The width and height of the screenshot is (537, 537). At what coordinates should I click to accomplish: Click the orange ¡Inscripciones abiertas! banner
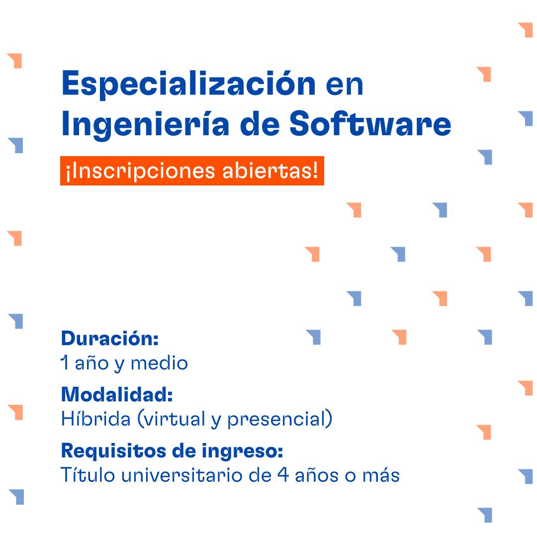point(192,171)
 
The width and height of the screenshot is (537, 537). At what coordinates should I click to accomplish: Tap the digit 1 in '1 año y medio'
point(64,363)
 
